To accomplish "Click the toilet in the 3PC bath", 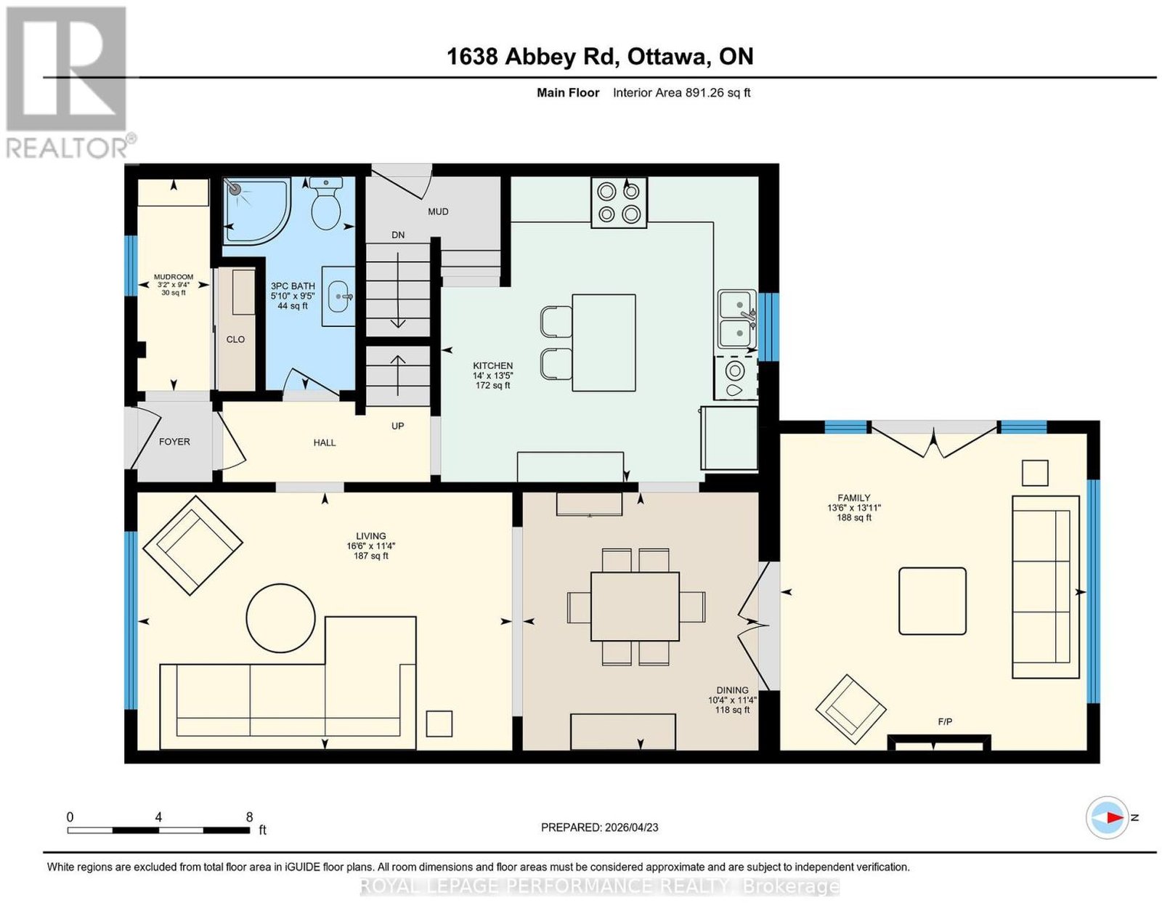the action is pos(325,203).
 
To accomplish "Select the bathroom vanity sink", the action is pos(338,296).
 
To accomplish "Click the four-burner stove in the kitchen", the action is pos(619,203).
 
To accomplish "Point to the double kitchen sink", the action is pos(737,319).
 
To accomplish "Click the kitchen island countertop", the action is pos(604,343).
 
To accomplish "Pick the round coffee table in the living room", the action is pos(281,617).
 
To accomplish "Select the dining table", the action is pos(635,607).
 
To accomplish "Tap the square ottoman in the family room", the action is pos(932,601).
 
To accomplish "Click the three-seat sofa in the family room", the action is pos(1045,587).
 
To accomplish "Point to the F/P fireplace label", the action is pos(945,722).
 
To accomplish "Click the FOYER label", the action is pos(174,442).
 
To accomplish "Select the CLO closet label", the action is pos(235,339).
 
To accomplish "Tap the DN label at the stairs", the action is pos(398,235).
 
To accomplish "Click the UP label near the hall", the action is pos(397,426).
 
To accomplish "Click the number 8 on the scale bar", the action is pos(249,817).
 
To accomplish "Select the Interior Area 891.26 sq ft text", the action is pos(682,92).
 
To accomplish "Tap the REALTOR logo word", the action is pos(68,148).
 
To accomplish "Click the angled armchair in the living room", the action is pos(192,546).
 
